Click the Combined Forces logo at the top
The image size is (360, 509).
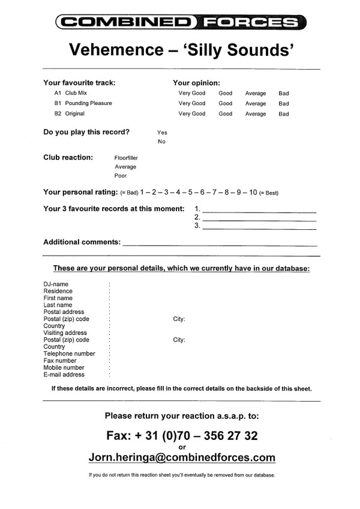click(180, 23)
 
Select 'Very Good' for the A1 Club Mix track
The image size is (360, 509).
click(191, 94)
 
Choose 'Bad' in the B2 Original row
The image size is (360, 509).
click(283, 114)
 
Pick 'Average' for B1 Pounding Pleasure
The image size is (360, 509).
click(255, 104)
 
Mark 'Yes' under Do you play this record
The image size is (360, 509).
click(162, 132)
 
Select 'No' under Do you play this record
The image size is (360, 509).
click(161, 142)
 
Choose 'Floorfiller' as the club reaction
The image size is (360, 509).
click(126, 158)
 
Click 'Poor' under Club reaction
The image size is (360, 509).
click(121, 176)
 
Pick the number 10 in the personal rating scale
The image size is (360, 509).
click(253, 193)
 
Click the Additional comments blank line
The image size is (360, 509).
click(219, 244)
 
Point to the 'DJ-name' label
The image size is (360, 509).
click(56, 284)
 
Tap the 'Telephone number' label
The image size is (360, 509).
click(69, 354)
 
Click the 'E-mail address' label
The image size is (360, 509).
click(64, 375)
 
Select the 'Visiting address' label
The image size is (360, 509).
click(65, 333)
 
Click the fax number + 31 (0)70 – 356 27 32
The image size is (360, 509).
click(182, 435)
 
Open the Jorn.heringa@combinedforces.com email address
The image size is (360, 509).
click(182, 457)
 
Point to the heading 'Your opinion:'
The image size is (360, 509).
click(196, 83)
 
